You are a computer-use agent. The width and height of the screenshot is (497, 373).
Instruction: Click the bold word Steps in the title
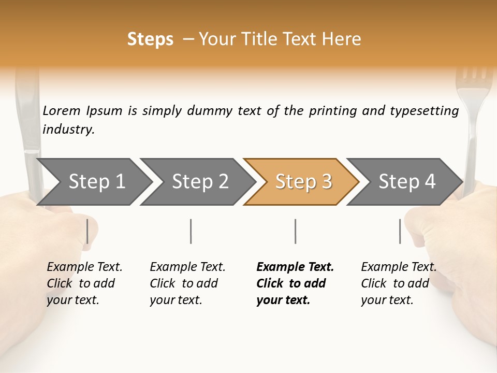click(150, 39)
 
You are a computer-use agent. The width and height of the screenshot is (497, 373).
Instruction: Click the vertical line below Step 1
click(87, 231)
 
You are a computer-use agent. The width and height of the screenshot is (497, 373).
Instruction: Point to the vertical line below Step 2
click(191, 231)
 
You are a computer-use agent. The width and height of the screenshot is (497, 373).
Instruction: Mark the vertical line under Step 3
click(295, 231)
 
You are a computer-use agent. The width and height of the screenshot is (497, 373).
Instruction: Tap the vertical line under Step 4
click(400, 231)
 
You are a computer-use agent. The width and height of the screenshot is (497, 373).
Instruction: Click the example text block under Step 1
click(84, 283)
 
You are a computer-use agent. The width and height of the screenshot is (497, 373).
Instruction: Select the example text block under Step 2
click(187, 283)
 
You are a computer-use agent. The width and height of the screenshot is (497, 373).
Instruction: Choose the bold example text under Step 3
click(295, 283)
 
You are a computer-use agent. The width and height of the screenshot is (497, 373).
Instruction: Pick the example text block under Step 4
click(399, 283)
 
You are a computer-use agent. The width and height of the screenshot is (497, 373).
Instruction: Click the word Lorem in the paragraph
click(62, 111)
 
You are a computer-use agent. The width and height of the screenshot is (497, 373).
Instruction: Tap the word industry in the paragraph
click(68, 130)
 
